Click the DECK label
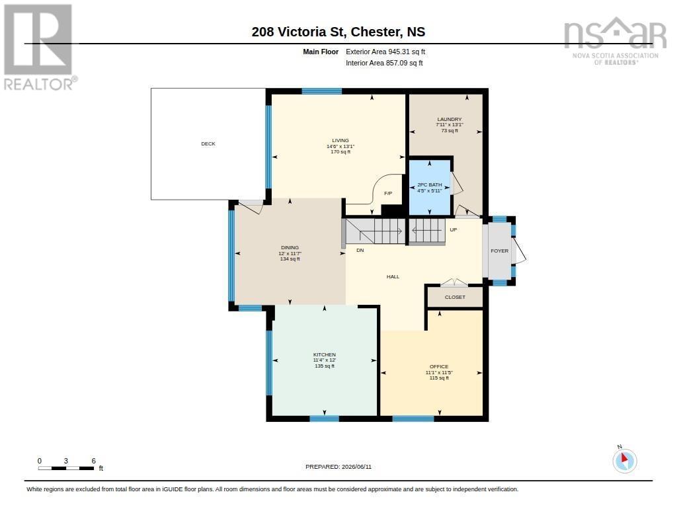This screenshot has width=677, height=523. [x=208, y=144]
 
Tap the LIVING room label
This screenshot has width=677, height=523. [x=340, y=140]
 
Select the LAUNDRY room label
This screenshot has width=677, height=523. [x=450, y=119]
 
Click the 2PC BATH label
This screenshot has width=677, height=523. [x=430, y=185]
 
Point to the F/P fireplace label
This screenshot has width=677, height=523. [x=388, y=194]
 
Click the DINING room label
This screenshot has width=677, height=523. [x=290, y=248]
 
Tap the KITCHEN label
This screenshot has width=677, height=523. [x=325, y=354]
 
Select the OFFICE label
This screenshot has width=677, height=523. [x=439, y=367]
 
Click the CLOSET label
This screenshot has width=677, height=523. [x=455, y=297]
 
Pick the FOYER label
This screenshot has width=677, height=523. [x=500, y=251]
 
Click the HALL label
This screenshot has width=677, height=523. [x=393, y=277]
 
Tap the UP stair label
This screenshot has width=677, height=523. [x=454, y=229]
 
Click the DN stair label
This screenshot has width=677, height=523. [x=360, y=251]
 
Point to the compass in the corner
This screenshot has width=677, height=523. [x=624, y=460]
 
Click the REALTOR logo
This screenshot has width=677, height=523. [x=40, y=48]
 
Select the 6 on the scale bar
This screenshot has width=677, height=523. [x=93, y=461]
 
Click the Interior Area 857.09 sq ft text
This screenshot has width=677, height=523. [x=384, y=63]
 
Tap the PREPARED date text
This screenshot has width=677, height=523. [x=338, y=467]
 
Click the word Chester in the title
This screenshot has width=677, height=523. [x=376, y=32]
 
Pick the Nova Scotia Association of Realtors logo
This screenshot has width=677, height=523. [x=616, y=41]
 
